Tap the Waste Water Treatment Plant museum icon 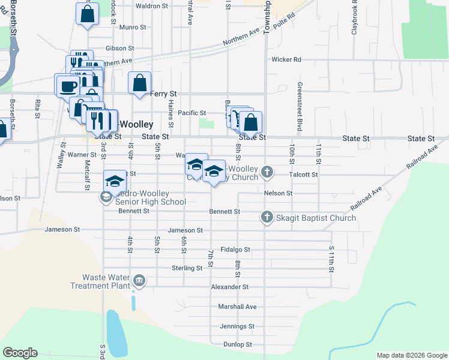139,280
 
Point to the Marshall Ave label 237,307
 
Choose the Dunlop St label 238,344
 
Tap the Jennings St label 237,326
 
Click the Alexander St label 229,287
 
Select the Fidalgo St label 235,249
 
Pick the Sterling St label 187,268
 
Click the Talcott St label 303,174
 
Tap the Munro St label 133,28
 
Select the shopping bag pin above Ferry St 139,83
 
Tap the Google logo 20,353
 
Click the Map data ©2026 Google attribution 411,355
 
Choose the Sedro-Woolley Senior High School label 151,202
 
